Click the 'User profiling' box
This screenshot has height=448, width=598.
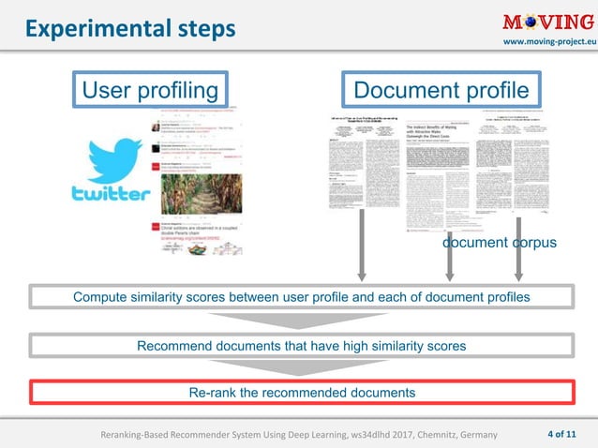149,90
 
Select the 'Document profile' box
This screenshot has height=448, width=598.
441,90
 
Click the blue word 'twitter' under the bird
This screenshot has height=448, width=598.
111,194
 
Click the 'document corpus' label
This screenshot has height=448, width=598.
500,242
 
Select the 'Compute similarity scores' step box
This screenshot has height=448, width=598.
301,297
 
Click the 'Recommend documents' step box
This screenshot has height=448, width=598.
301,346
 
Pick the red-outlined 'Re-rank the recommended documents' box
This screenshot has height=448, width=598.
301,392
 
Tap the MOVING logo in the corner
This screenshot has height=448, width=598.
546,22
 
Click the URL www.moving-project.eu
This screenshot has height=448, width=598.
547,44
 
